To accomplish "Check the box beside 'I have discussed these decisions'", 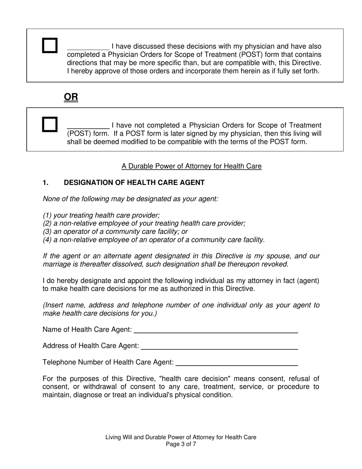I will click(50, 46).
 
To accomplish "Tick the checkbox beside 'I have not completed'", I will click(50, 125).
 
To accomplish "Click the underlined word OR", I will click(71, 97).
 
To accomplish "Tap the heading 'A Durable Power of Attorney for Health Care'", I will click(191, 166).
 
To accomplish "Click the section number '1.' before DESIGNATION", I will click(46, 183).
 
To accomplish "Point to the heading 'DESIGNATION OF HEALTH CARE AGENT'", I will click(134, 183).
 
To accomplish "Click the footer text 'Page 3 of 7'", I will click(181, 444).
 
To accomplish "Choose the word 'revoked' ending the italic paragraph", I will click(274, 264).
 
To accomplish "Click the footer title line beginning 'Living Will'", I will click(181, 437).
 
